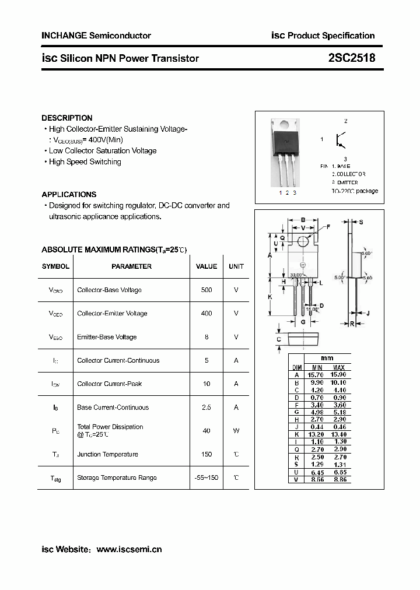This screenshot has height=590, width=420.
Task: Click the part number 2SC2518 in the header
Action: point(352,58)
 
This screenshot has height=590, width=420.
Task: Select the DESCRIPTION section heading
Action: point(67,118)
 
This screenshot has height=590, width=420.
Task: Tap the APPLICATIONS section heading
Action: point(69,194)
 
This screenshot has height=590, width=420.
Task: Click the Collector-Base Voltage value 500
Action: point(206,290)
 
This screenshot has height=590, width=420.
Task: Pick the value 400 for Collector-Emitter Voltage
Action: point(206,314)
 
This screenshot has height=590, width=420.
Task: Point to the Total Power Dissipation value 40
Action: point(206,431)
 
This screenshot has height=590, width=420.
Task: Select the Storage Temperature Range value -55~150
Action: point(206,477)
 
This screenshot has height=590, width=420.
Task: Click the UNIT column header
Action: point(236,266)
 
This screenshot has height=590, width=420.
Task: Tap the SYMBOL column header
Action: point(55,266)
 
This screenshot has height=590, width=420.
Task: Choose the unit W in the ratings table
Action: point(236,431)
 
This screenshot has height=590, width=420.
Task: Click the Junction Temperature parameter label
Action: point(107,454)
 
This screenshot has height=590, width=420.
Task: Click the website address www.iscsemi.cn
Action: point(129,549)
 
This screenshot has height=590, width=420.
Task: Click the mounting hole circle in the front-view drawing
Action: point(303,241)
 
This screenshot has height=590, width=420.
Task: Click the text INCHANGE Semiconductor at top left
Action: point(96,36)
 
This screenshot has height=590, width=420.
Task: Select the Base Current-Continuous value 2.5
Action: point(206,408)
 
